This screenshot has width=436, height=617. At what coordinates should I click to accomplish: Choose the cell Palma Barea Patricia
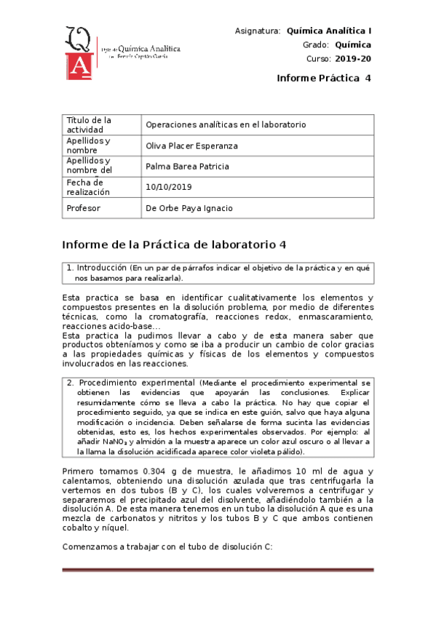[x=187, y=167]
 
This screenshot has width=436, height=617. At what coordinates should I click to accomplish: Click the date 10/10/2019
[x=168, y=188]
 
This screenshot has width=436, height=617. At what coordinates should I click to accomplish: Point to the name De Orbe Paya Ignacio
[x=189, y=208]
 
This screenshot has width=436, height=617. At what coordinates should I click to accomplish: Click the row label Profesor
[x=84, y=208]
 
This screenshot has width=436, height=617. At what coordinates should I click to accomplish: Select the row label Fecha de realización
[x=88, y=187]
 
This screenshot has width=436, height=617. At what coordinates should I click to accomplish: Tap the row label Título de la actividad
[x=89, y=124]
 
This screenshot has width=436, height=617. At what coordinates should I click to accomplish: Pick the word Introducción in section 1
[x=101, y=268]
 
